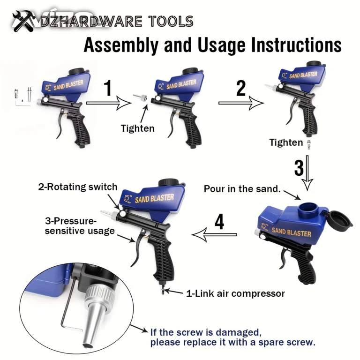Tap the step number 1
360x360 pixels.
click(x=108, y=88)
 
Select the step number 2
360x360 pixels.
click(x=241, y=88)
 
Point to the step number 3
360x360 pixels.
click(x=299, y=168)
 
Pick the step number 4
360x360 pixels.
click(x=219, y=222)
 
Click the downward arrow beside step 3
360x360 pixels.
click(x=307, y=173)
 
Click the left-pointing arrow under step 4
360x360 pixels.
click(x=214, y=235)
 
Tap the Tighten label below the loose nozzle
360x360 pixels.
click(x=137, y=128)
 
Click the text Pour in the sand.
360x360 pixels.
click(x=242, y=189)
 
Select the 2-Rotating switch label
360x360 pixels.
click(x=78, y=187)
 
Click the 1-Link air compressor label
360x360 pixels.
click(x=236, y=293)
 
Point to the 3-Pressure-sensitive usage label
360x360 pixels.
click(x=80, y=225)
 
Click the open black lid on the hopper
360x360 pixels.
click(x=339, y=219)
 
